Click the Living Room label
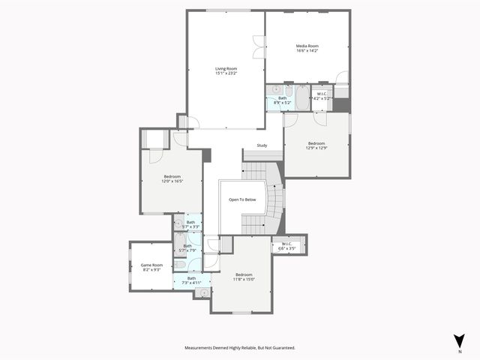pos(226,70)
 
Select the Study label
pos(262,145)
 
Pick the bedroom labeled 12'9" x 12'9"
pos(316,145)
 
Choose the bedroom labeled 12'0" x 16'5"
pos(172,178)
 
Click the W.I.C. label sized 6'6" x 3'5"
pos(287,245)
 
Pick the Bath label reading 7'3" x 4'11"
pos(191,280)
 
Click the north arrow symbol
pos(459,340)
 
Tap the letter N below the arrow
pos(459,351)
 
